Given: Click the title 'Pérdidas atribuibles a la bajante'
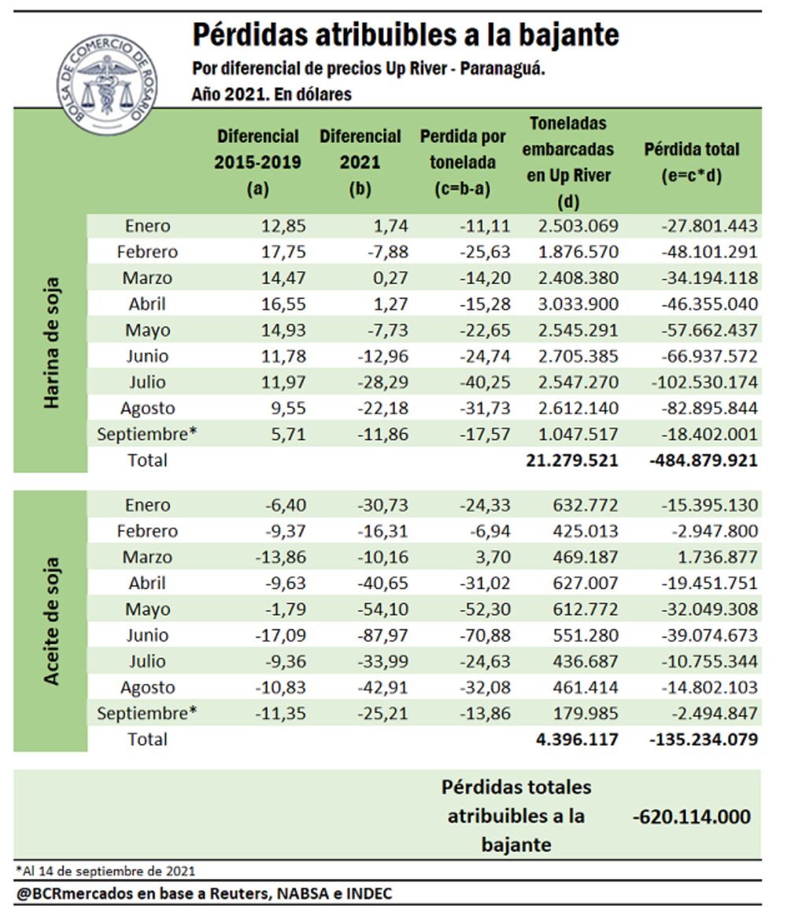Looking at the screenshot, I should click(x=405, y=35).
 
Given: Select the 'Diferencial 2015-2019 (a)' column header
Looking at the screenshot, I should click(x=257, y=162).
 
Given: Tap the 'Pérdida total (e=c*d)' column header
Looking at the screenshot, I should click(x=692, y=162).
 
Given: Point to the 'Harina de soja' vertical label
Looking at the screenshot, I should click(x=52, y=343).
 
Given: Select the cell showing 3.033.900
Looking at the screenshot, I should click(x=574, y=304).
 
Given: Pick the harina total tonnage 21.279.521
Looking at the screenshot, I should click(x=572, y=460).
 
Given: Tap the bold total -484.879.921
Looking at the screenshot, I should click(x=704, y=460).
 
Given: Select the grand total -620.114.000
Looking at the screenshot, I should click(x=692, y=817).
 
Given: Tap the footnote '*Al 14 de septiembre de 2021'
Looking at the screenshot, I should click(x=105, y=870).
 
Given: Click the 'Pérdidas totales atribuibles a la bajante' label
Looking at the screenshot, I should click(x=516, y=816).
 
